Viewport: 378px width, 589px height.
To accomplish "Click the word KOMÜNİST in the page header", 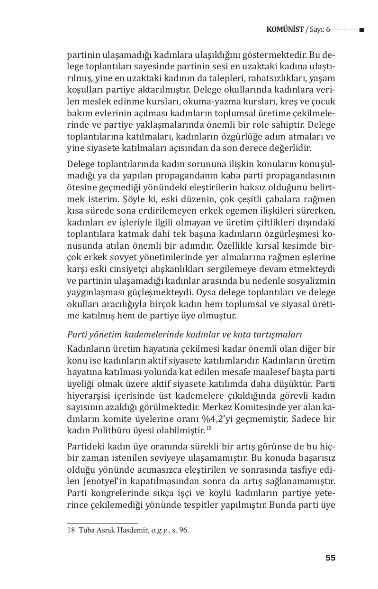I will (285, 29).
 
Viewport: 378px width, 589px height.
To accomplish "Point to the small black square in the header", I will (361, 30).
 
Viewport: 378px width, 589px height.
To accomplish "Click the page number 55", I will (330, 558).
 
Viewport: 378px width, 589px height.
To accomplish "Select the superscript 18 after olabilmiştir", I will (209, 429).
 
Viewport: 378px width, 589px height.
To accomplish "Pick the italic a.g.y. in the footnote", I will (160, 531).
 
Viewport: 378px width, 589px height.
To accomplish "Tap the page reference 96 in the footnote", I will (183, 531).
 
